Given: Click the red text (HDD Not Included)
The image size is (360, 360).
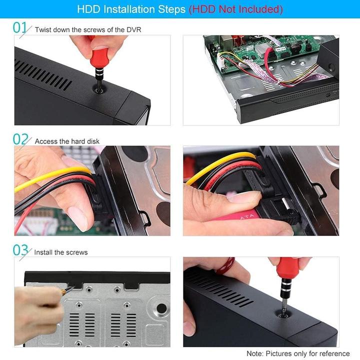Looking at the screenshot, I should [x=235, y=9].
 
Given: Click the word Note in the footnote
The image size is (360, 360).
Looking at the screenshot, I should [x=255, y=353].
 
